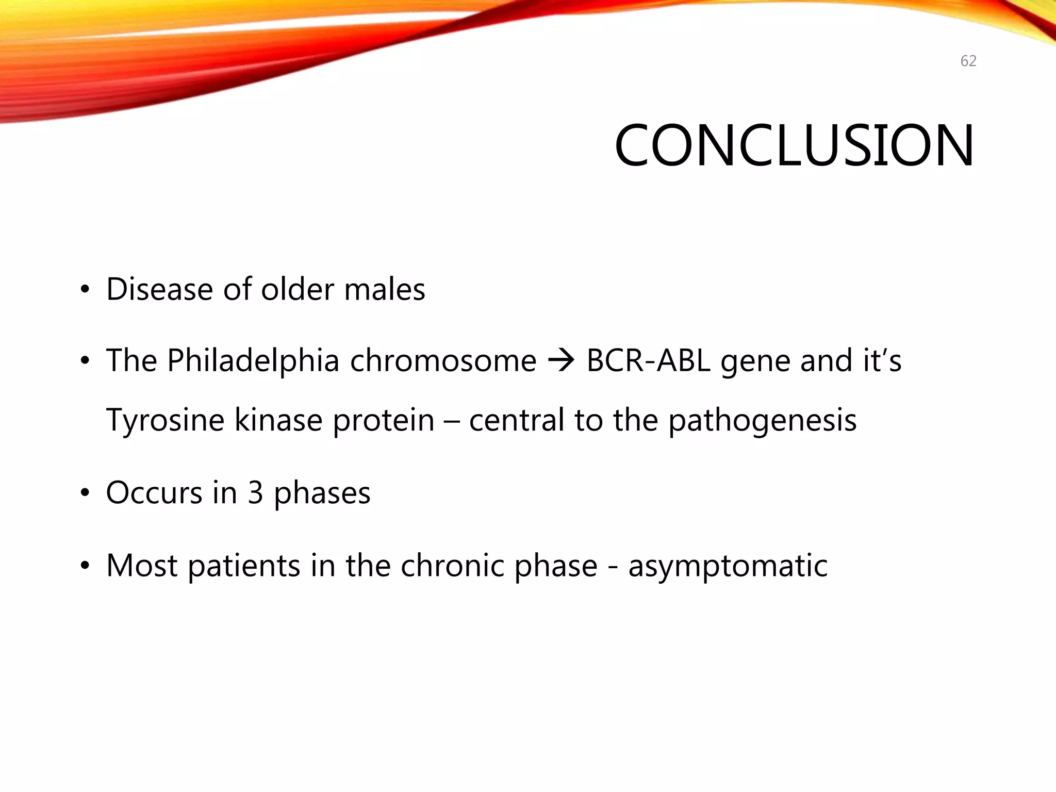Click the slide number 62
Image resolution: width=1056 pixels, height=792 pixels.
click(968, 61)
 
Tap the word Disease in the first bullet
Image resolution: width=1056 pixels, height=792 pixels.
click(159, 289)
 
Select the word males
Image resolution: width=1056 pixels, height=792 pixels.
click(384, 289)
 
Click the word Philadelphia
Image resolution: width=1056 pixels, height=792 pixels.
click(253, 360)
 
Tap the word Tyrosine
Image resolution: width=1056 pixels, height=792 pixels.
click(165, 420)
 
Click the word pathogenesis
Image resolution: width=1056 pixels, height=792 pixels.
click(762, 421)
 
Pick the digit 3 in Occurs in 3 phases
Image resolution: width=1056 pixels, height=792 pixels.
click(255, 493)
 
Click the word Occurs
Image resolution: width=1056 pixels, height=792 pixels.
click(154, 493)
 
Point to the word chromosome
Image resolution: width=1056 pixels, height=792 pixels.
click(443, 360)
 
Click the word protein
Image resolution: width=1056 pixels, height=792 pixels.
click(383, 421)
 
